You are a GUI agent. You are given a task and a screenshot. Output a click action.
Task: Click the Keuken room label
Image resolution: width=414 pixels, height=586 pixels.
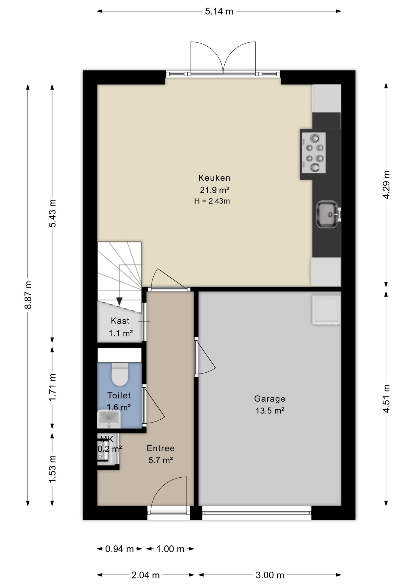pyautogui.click(x=214, y=178)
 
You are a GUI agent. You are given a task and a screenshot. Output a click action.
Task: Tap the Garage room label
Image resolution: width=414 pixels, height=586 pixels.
pyautogui.click(x=270, y=399)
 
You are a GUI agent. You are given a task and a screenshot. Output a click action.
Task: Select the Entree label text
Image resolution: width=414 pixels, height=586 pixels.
pyautogui.click(x=161, y=448)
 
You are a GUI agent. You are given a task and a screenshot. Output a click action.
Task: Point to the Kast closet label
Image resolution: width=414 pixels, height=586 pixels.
pyautogui.click(x=120, y=321)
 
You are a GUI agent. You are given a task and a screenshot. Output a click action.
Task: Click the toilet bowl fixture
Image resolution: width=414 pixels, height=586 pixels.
pyautogui.click(x=120, y=374)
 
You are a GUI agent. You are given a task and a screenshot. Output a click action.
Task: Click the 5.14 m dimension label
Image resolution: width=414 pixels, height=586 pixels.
pyautogui.click(x=219, y=12)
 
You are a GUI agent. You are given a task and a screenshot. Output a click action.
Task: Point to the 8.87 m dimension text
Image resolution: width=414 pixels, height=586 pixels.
pyautogui.click(x=28, y=295)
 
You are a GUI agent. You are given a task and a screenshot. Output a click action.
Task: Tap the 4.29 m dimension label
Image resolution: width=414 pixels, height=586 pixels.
pyautogui.click(x=386, y=185)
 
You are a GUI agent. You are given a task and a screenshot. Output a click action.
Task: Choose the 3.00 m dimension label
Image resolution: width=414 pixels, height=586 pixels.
pyautogui.click(x=270, y=575)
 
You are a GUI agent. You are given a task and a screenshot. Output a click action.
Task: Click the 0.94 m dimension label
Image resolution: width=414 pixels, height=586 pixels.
pyautogui.click(x=120, y=549)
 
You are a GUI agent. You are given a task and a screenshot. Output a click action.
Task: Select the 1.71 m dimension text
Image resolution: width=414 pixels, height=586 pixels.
pyautogui.click(x=52, y=388)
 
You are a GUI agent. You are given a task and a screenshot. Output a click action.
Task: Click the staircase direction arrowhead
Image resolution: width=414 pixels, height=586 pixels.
pyautogui.click(x=120, y=301)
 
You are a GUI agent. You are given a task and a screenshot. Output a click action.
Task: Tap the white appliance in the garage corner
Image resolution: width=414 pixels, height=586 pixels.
pyautogui.click(x=326, y=310)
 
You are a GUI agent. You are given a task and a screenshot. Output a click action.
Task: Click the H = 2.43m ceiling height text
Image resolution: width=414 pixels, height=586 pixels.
pyautogui.click(x=212, y=201)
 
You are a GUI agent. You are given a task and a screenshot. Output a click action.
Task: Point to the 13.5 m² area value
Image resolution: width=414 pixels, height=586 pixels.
pyautogui.click(x=270, y=411)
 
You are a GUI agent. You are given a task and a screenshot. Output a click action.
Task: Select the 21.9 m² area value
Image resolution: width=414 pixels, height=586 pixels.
pyautogui.click(x=215, y=190)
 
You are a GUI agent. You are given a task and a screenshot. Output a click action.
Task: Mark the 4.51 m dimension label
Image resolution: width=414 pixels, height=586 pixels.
pyautogui.click(x=386, y=399)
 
